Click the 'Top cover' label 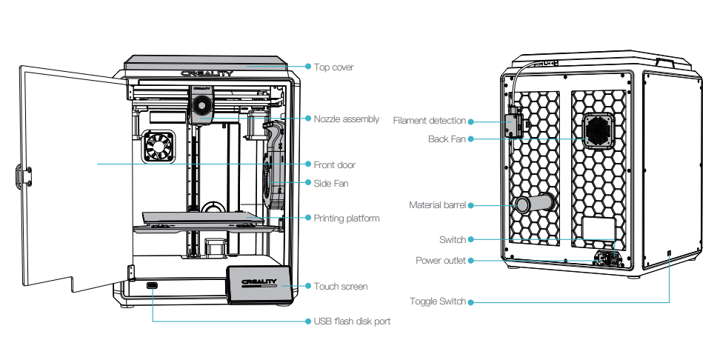(333, 67)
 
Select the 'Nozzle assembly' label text (346, 119)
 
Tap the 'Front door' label (334, 164)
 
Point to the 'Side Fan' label (330, 183)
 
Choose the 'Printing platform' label (346, 219)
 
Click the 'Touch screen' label (340, 286)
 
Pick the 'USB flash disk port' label (352, 321)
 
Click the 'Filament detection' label (429, 121)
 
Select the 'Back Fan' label (447, 139)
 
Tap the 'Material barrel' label (437, 205)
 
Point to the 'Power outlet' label (440, 261)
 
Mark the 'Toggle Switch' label (438, 301)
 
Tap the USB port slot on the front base (153, 286)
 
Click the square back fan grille (599, 131)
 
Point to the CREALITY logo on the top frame (207, 74)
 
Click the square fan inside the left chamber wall (158, 147)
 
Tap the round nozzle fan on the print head (201, 107)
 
